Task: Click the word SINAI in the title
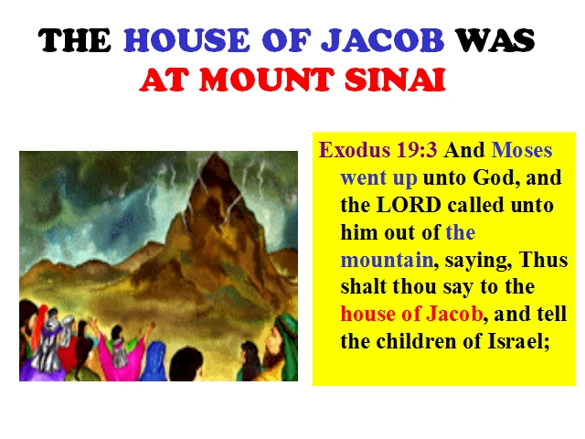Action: coord(395,80)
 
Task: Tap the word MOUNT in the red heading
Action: coord(266,80)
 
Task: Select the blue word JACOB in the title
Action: coord(382,40)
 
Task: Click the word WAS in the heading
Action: coord(495,40)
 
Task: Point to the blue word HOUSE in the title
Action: coord(186,40)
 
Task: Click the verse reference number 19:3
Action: coord(417,150)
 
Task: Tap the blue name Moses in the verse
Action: coord(522,150)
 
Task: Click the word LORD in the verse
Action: coord(409,205)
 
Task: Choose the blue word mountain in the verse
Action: coord(387,260)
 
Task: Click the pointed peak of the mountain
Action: coord(215,153)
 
